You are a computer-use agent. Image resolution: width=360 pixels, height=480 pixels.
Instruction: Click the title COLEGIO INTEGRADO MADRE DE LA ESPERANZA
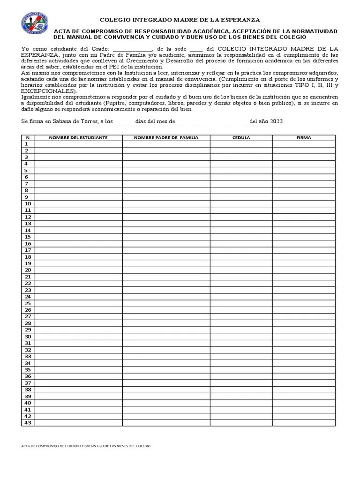180,20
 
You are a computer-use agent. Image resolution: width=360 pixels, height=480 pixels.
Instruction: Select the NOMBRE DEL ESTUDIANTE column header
78,138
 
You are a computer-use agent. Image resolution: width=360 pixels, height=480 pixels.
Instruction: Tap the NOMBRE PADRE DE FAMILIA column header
166,138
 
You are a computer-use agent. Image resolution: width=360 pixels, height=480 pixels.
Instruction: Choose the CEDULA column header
241,138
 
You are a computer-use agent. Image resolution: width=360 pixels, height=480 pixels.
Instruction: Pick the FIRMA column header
304,138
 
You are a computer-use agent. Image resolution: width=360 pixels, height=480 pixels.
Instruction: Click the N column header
28,138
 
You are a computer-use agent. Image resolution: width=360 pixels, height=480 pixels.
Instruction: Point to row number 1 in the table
27,144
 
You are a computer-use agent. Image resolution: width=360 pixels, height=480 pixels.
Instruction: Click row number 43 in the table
28,423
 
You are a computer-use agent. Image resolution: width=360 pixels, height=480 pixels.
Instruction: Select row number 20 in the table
28,270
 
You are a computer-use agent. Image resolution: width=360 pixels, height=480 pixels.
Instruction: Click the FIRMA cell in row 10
304,204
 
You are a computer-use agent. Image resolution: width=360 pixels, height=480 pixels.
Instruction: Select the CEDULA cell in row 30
241,337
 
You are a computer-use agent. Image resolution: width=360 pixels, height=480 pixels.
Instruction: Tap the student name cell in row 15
78,237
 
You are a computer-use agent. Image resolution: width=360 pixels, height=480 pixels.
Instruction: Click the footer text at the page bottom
86,446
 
